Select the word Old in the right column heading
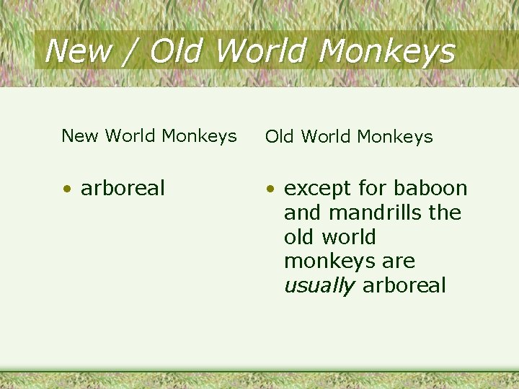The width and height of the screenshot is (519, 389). pos(280,136)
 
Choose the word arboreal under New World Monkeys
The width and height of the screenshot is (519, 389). pos(123,188)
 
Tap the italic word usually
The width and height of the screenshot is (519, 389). pos(319,286)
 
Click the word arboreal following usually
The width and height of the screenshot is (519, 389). pos(404,285)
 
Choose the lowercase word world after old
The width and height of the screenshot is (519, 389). pos(350,237)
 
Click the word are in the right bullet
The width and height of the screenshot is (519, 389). pos(398,261)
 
